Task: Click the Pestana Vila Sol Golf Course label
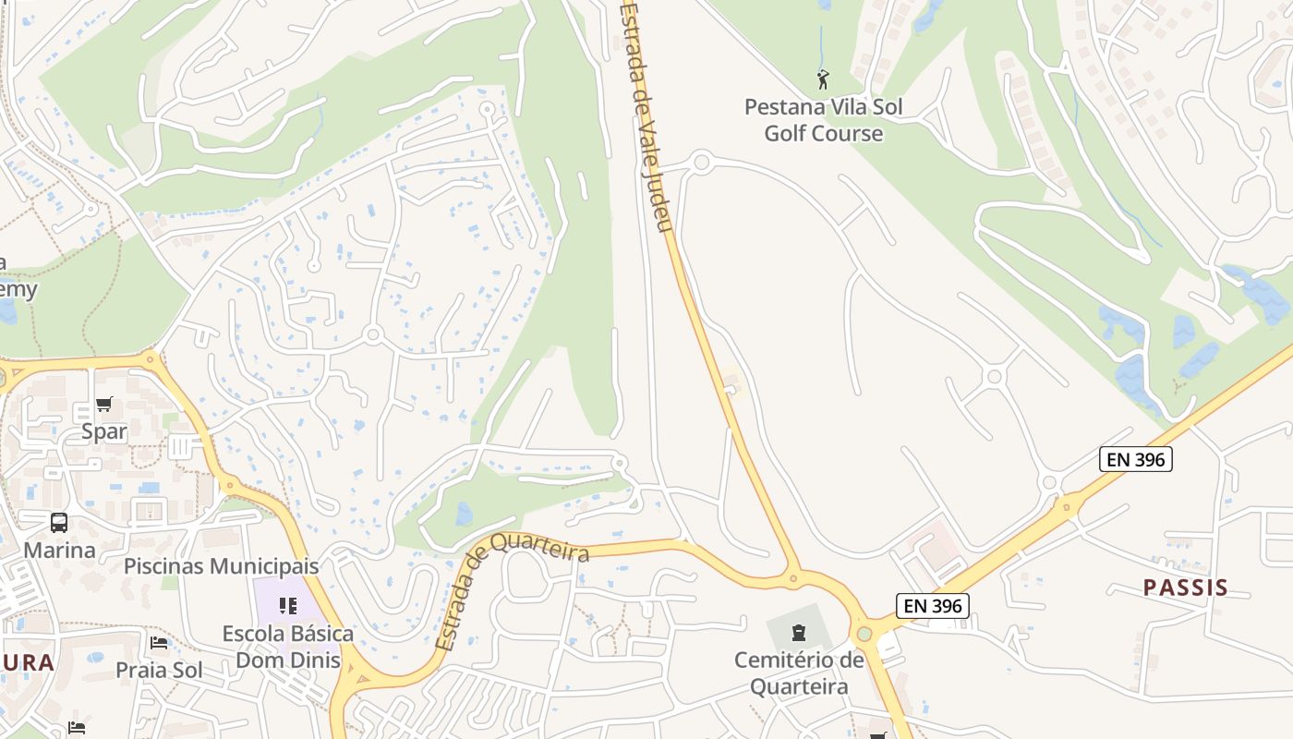coord(823,120)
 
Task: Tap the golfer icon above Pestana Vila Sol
coord(823,79)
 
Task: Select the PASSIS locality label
coord(1185,588)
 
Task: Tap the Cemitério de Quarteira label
coord(799,673)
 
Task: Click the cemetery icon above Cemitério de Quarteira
coord(799,633)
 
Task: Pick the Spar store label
coord(103,431)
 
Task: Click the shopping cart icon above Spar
coord(103,404)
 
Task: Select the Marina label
coord(59,551)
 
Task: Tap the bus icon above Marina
coord(59,523)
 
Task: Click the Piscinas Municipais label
coord(221,566)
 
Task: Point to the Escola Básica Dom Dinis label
coord(287,647)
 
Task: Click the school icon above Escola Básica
coord(287,606)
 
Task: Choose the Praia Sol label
coord(159,670)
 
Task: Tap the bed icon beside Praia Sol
coord(159,643)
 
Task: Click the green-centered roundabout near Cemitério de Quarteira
coord(864,634)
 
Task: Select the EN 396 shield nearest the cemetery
coord(932,606)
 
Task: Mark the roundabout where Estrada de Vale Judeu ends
coord(792,579)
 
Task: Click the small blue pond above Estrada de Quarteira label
coord(464,514)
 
